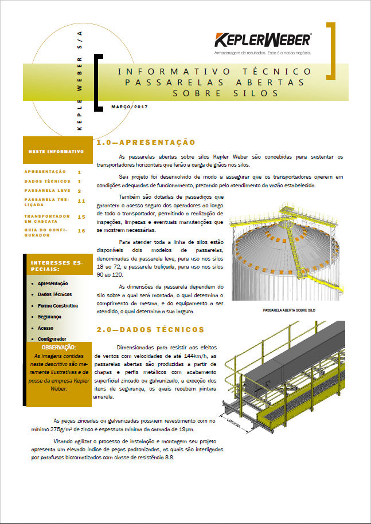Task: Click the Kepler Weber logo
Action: click(x=263, y=41)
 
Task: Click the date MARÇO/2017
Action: click(x=130, y=107)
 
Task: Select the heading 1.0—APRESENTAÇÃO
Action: click(x=146, y=142)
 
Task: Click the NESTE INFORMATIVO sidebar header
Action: click(x=56, y=152)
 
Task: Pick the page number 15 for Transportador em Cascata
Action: click(x=81, y=217)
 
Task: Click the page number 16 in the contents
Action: click(x=81, y=230)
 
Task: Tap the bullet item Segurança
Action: click(x=49, y=316)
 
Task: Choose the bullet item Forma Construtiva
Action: click(x=57, y=305)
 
